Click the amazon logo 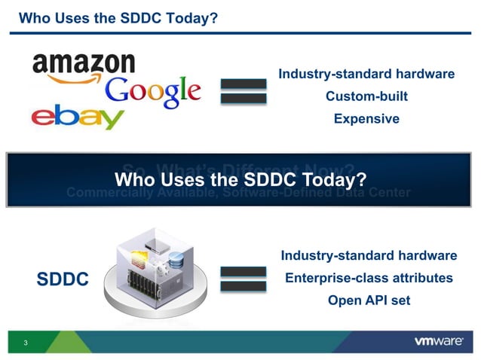84,65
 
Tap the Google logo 153,92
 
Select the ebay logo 78,118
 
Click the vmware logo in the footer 438,341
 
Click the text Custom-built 366,96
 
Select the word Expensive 366,118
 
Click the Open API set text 369,300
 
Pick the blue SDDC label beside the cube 63,279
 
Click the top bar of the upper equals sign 243,84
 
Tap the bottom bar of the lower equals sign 243,287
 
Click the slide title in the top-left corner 118,16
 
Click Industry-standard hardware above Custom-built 366,75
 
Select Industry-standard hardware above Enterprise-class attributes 368,256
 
